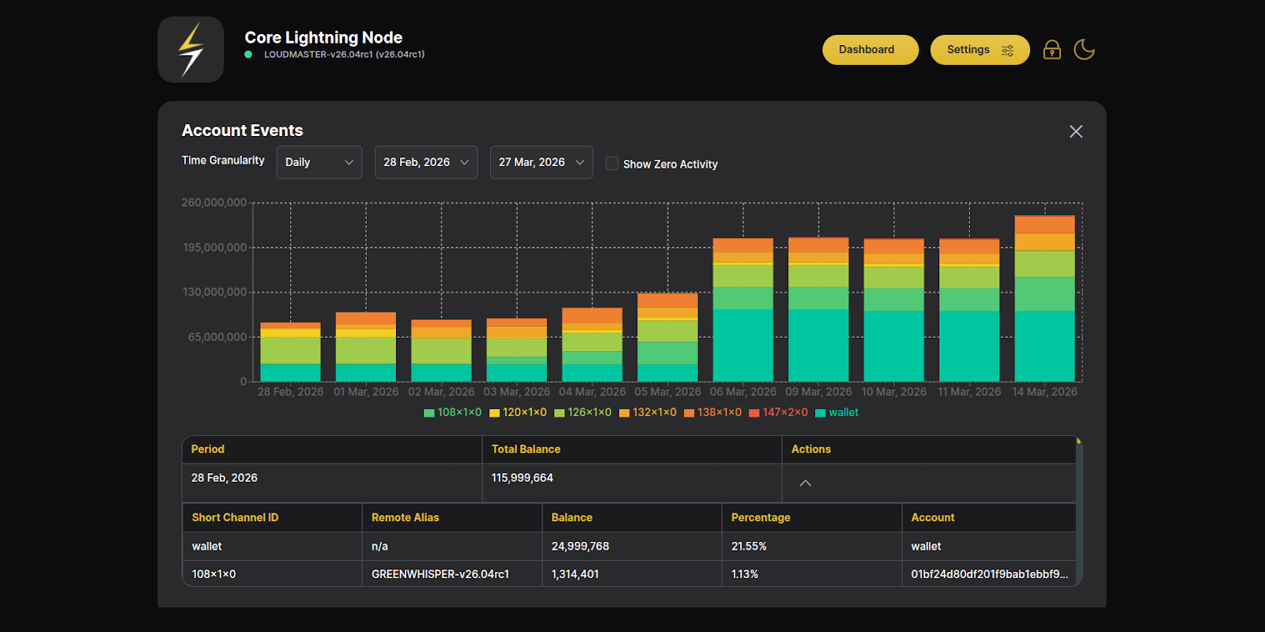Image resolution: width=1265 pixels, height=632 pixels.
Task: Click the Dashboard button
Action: pyautogui.click(x=870, y=50)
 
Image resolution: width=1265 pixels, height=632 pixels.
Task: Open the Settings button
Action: pyautogui.click(x=979, y=50)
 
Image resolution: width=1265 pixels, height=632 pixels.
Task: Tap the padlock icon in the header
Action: pyautogui.click(x=1052, y=50)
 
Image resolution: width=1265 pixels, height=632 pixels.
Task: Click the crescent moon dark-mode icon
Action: pyautogui.click(x=1084, y=50)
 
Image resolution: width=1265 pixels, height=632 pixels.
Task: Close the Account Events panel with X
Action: pyautogui.click(x=1076, y=131)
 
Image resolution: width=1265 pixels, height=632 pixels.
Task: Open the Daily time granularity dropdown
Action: pyautogui.click(x=319, y=162)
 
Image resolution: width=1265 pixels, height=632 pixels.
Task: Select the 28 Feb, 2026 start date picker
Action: pyautogui.click(x=425, y=162)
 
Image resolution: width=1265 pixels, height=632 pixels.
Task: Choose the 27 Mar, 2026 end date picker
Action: pyautogui.click(x=541, y=162)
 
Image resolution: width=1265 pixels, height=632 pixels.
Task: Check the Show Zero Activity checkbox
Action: pyautogui.click(x=612, y=164)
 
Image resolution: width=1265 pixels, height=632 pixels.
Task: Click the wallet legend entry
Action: pyautogui.click(x=837, y=413)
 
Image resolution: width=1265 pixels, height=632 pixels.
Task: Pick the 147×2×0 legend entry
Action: pyautogui.click(x=779, y=413)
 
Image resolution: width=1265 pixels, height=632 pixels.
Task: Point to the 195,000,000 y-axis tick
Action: pyautogui.click(x=214, y=248)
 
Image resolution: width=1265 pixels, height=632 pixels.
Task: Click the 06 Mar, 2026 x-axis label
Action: pyautogui.click(x=742, y=392)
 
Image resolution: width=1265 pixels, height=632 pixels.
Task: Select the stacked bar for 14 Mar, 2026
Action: pyautogui.click(x=1044, y=301)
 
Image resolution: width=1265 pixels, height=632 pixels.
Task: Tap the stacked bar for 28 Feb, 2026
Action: pyautogui.click(x=290, y=353)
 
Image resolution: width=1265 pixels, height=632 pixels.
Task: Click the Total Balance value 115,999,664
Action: pyautogui.click(x=522, y=478)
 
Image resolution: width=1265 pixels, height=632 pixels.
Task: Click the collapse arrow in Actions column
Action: pyautogui.click(x=805, y=483)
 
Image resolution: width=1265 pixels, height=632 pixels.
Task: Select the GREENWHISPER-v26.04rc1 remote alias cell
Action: pyautogui.click(x=440, y=574)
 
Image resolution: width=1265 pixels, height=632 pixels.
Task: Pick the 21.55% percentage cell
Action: pyautogui.click(x=748, y=547)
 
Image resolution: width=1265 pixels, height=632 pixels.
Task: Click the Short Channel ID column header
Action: pyautogui.click(x=235, y=517)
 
